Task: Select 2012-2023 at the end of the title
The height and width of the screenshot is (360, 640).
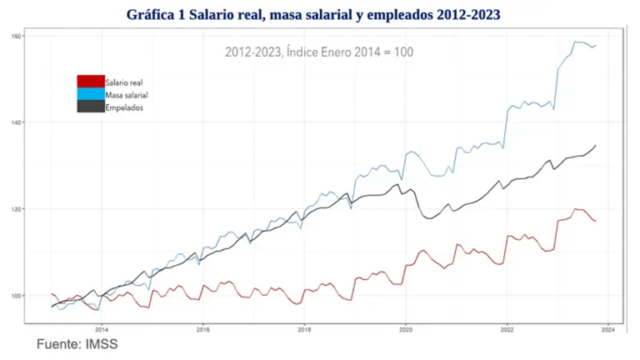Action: point(472,15)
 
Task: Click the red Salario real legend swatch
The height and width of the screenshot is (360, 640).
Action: point(90,82)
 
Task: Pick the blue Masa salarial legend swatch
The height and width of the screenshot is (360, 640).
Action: point(90,94)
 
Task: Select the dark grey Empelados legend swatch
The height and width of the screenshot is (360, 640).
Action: point(90,107)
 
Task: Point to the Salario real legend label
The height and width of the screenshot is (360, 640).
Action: point(125,82)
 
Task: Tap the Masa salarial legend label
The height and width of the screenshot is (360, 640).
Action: point(127,95)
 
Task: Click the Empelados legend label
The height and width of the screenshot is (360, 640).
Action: point(125,107)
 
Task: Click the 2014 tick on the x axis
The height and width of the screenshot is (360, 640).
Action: point(102,329)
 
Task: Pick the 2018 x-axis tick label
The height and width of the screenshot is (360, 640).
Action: point(304,329)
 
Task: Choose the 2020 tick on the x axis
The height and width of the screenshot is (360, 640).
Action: point(406,329)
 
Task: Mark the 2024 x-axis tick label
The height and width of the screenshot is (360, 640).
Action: point(607,329)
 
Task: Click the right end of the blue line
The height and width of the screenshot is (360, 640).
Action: point(596,45)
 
